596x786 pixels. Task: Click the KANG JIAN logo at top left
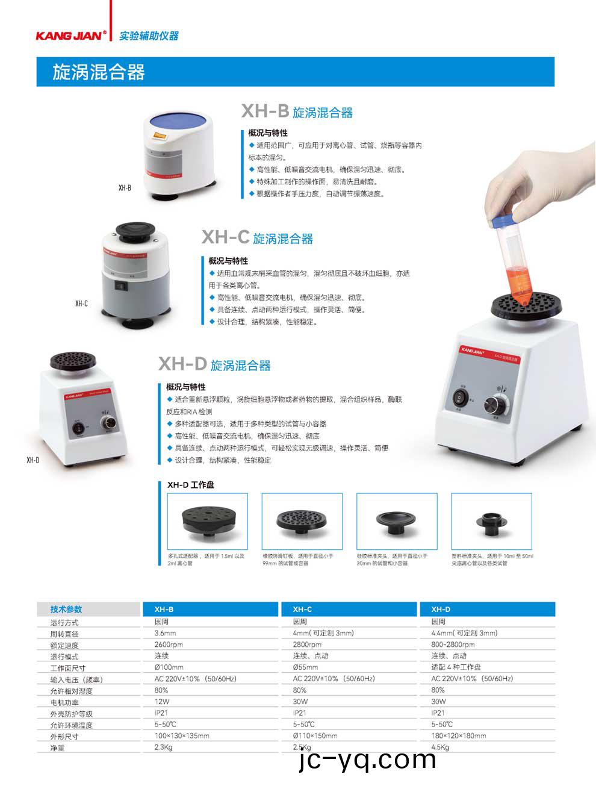71,36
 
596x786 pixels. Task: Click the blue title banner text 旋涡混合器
99,72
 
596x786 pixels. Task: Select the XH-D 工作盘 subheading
190,484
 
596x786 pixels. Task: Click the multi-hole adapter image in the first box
206,521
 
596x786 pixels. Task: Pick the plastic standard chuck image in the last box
492,521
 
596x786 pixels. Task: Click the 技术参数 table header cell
66,609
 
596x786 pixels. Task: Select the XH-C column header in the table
302,609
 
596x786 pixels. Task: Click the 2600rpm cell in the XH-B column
169,644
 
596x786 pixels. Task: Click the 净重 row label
57,748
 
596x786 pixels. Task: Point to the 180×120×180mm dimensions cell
458,735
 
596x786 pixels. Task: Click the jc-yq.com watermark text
367,760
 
